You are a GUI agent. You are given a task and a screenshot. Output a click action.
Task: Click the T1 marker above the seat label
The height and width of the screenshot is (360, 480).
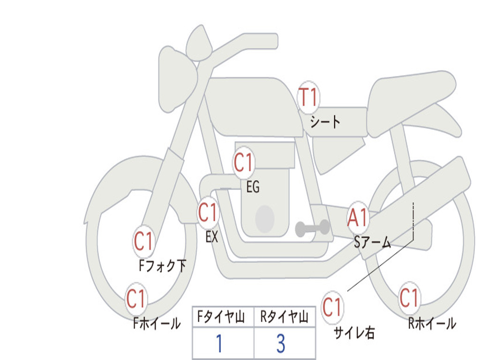[x=308, y=98]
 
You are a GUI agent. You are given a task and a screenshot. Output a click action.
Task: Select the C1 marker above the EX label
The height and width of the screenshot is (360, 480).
[x=208, y=213]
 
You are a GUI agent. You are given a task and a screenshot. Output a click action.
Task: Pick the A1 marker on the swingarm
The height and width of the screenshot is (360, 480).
[x=358, y=218]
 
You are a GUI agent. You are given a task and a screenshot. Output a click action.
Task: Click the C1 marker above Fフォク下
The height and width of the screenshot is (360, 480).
[x=144, y=242]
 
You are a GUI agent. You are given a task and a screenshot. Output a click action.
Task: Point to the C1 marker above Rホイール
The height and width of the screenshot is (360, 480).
[x=409, y=298]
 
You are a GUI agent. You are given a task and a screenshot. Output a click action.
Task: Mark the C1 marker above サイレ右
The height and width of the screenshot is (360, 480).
[x=332, y=308]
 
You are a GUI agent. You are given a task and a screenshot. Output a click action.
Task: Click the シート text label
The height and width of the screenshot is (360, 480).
[x=325, y=123]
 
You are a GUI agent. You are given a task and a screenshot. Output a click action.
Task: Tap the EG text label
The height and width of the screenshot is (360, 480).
[x=253, y=187]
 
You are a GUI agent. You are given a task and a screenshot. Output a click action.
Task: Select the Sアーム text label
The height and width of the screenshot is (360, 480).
[x=373, y=242]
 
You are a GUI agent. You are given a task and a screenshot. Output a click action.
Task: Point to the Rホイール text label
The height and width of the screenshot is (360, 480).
[x=432, y=324]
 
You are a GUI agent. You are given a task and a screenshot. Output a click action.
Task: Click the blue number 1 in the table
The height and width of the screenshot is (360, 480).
[x=218, y=344]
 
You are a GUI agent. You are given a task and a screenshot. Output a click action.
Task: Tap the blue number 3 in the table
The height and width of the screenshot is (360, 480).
[x=281, y=344]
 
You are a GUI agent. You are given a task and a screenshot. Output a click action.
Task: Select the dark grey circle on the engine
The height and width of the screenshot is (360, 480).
[x=265, y=219]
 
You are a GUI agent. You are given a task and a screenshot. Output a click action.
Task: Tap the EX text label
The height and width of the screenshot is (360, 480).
[x=212, y=237]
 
